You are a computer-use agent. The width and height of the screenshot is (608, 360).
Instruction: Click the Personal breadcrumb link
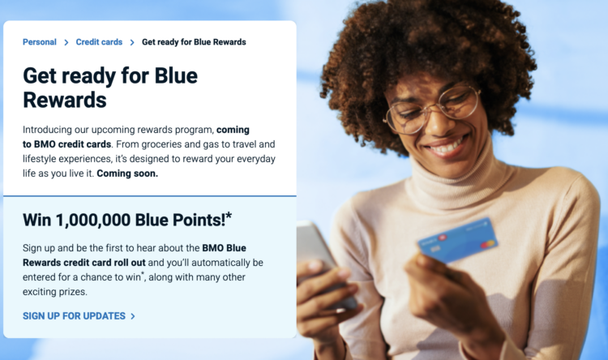point(39,42)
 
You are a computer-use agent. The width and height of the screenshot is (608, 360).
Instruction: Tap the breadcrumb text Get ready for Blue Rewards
point(194,42)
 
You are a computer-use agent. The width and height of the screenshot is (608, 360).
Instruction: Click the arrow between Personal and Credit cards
point(66,42)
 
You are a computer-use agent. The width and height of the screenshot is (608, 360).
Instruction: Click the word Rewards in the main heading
point(65,100)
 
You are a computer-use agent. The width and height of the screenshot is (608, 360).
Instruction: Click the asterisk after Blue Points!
point(229,216)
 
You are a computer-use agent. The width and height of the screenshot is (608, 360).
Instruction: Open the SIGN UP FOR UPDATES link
point(74,315)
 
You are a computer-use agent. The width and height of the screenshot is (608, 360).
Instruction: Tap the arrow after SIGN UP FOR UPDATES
point(133,315)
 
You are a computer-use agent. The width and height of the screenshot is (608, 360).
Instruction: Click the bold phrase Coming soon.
point(127,174)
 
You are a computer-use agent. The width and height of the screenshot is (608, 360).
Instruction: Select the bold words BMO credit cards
point(71,144)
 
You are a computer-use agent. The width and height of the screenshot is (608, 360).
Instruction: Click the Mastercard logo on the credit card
point(487,244)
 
